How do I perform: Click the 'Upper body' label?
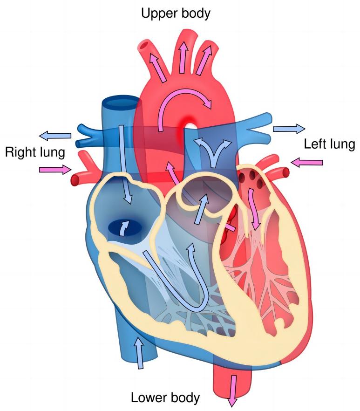[x=176, y=13]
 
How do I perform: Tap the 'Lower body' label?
[x=165, y=397]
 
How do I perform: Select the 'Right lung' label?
[x=34, y=152]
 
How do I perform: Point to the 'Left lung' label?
[x=329, y=144]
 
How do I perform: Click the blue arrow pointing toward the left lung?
[x=288, y=129]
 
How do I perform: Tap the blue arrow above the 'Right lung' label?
[x=55, y=136]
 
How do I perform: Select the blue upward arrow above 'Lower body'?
[x=138, y=353]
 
